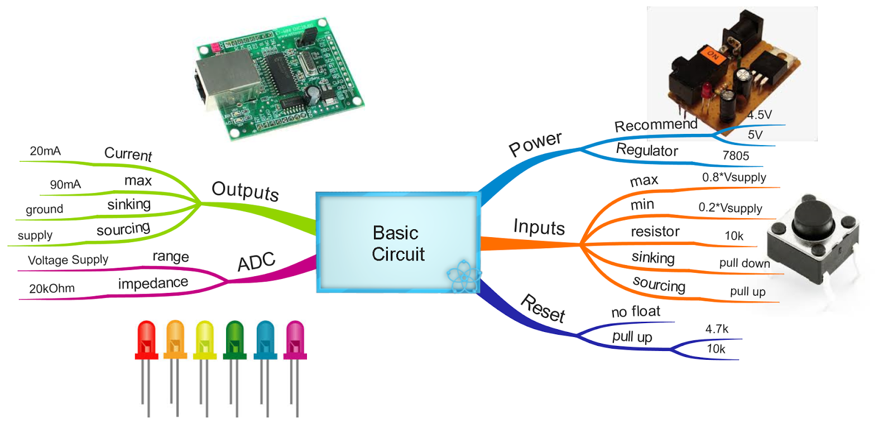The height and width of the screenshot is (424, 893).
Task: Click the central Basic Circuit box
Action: [397, 243]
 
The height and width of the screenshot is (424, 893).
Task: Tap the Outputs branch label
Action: [245, 191]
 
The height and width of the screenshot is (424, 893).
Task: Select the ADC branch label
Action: [256, 262]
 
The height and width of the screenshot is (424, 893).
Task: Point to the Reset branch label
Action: [542, 309]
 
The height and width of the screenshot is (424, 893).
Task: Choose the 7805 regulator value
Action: [736, 156]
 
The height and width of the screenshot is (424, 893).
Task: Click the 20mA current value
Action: [45, 151]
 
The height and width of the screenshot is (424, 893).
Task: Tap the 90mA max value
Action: [65, 185]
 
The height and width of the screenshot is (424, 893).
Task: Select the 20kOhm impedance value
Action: [52, 288]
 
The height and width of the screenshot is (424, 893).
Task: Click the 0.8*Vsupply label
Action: [734, 177]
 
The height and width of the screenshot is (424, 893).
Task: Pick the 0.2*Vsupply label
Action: [730, 208]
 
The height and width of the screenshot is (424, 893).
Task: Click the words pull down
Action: [745, 263]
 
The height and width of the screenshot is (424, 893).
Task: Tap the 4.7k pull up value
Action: [717, 329]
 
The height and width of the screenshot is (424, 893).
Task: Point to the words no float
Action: [636, 312]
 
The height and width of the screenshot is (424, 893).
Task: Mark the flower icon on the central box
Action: [463, 276]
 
